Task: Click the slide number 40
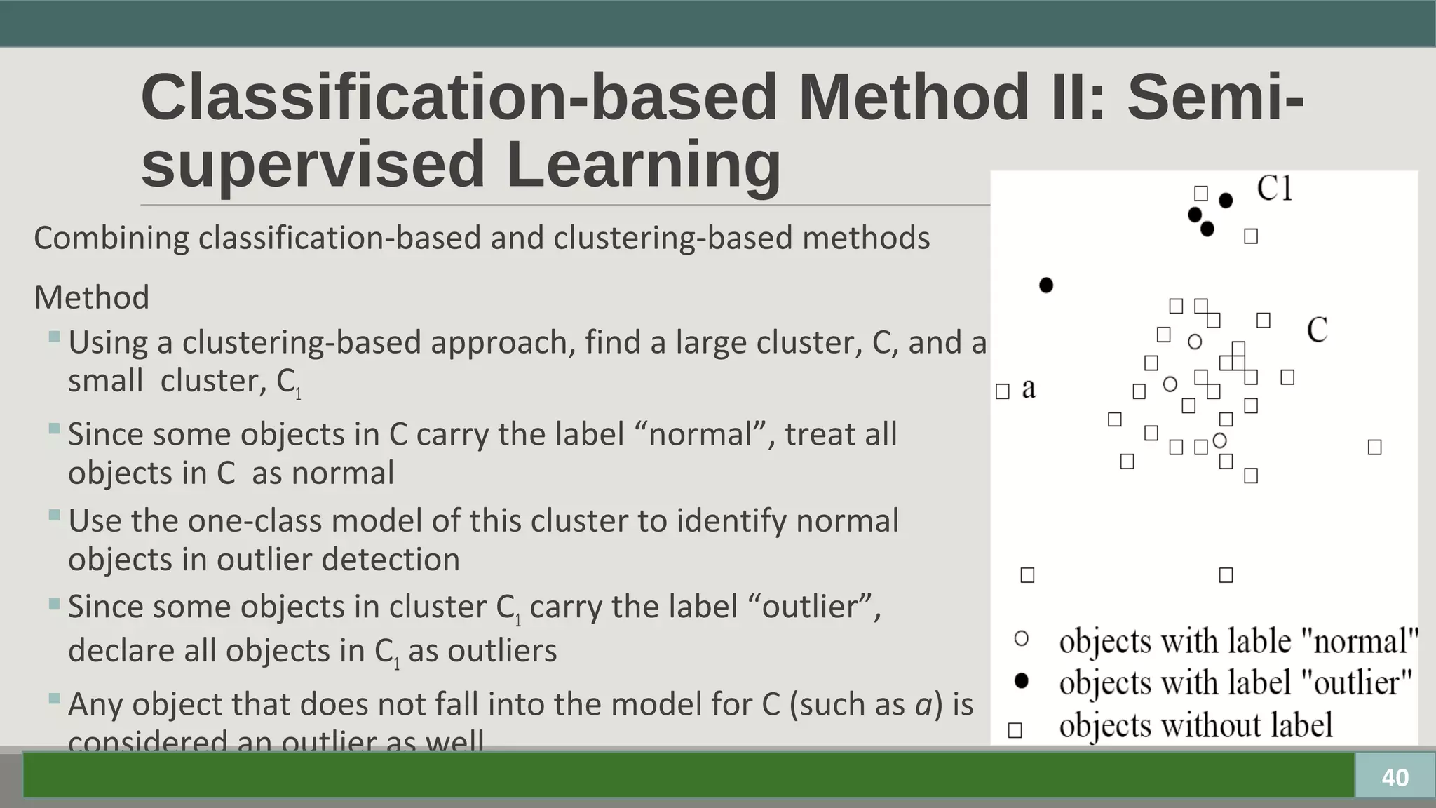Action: pyautogui.click(x=1395, y=777)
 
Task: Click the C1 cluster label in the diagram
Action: pyautogui.click(x=1274, y=188)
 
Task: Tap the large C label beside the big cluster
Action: pyautogui.click(x=1317, y=330)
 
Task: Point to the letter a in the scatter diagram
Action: pyautogui.click(x=1029, y=388)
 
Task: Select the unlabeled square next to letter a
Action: pyautogui.click(x=1003, y=391)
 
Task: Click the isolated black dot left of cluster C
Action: pyautogui.click(x=1046, y=285)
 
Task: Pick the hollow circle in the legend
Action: pyautogui.click(x=1022, y=639)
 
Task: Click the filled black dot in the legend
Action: pyautogui.click(x=1022, y=680)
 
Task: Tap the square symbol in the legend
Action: pyautogui.click(x=1015, y=730)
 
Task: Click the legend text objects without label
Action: pyautogui.click(x=1195, y=725)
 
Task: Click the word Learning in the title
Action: pyautogui.click(x=642, y=164)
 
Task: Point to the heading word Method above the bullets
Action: pyautogui.click(x=92, y=297)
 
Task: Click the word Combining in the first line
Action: pyautogui.click(x=111, y=238)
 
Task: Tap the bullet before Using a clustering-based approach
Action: pyautogui.click(x=55, y=337)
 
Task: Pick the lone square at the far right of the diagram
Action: pyautogui.click(x=1374, y=447)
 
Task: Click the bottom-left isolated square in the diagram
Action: pyautogui.click(x=1027, y=575)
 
